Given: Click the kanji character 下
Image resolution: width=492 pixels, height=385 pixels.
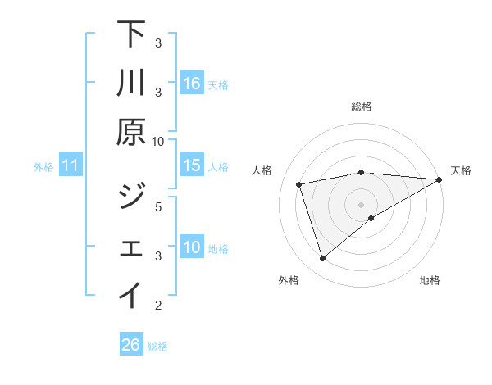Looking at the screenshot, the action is click(131, 34).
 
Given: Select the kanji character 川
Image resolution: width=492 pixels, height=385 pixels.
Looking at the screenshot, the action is click(131, 84).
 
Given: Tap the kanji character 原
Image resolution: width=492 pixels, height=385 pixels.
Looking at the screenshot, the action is click(131, 132).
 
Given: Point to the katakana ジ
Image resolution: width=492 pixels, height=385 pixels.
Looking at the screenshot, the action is click(131, 197).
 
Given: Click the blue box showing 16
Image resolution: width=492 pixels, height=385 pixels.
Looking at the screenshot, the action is click(191, 84).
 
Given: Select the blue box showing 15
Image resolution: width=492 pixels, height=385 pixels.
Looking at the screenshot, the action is click(191, 165).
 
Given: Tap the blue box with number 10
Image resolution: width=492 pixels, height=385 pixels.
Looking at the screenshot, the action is click(191, 247).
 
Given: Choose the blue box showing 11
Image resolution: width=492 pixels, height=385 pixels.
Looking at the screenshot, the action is click(71, 165).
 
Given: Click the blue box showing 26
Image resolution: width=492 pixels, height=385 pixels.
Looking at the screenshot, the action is click(131, 345).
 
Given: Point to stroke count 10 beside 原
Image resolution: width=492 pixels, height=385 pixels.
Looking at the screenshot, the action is click(158, 141).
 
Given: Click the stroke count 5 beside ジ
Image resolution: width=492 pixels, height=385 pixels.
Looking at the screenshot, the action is click(158, 206).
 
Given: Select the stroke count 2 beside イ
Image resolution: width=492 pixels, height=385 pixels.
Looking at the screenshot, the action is click(158, 306).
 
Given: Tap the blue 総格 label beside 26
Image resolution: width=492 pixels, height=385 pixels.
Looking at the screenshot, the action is click(157, 346).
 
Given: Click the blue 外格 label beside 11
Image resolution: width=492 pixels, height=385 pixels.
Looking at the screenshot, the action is click(43, 167).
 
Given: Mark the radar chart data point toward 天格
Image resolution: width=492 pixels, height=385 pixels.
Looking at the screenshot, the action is click(440, 180).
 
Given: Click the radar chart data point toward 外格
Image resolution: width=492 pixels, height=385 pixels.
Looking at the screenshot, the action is click(322, 259).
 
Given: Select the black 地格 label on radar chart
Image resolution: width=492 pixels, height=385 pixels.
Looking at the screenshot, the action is click(430, 281).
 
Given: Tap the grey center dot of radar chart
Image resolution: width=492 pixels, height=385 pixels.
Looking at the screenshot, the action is click(361, 204).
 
